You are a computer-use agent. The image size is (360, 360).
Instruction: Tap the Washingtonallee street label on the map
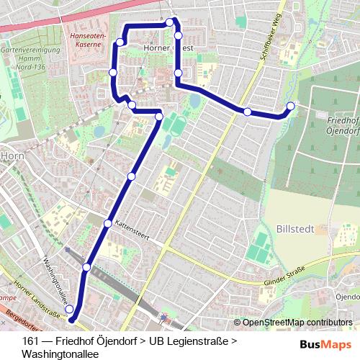[x=57, y=277]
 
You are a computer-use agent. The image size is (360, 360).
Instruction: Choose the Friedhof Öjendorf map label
[x=343, y=126]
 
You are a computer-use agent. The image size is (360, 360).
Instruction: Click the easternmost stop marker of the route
[x=291, y=107]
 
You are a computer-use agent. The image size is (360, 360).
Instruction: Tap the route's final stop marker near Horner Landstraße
[x=70, y=310]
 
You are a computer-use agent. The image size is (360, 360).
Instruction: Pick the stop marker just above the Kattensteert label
[x=108, y=223]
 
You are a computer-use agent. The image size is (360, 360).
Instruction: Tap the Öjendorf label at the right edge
[x=347, y=297]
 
